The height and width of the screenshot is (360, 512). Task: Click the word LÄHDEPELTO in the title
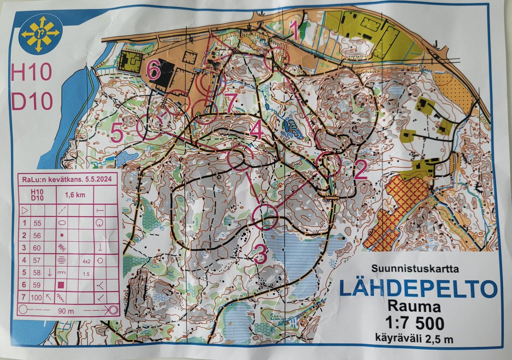coord(418,289)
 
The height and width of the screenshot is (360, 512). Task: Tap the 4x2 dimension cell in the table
coord(86,260)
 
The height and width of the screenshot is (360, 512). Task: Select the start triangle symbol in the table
coord(25,210)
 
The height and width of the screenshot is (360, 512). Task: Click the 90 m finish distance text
coord(66,310)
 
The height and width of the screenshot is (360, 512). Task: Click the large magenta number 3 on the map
coord(260,254)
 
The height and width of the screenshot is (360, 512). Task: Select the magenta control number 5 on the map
coord(117,132)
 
